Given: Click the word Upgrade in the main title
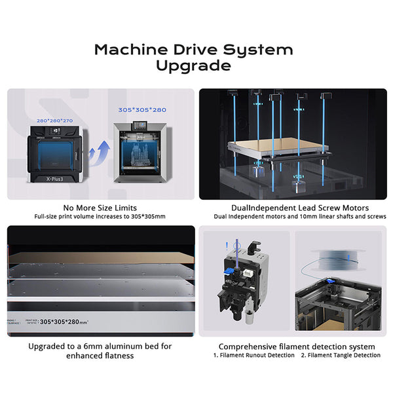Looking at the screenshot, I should click(x=193, y=65).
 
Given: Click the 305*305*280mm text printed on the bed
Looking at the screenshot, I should click(x=71, y=322).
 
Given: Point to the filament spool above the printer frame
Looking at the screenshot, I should click(x=337, y=257).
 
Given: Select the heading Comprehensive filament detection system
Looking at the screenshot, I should click(x=297, y=346).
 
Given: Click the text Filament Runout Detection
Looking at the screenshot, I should click(x=255, y=355).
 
